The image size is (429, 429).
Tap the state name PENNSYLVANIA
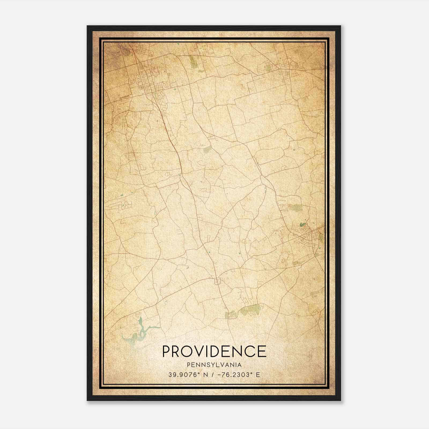point(214,365)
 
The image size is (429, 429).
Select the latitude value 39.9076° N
point(185,375)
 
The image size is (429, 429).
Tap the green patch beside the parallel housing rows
point(297,207)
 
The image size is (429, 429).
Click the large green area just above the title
point(251,310)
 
